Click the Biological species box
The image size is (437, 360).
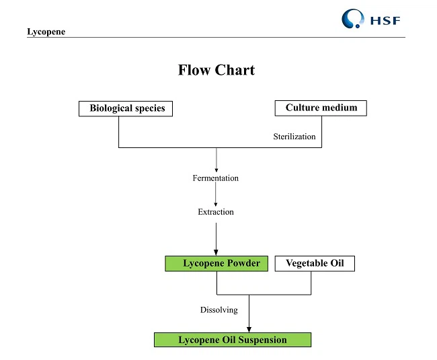(x=126, y=108)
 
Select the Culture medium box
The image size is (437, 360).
(x=321, y=108)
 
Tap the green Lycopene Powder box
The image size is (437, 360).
(x=216, y=263)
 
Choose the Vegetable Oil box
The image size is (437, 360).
(x=314, y=263)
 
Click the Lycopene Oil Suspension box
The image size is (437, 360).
(x=233, y=340)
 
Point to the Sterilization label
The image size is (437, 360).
(x=294, y=137)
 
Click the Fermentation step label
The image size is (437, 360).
(x=215, y=178)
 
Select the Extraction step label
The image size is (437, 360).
(x=216, y=212)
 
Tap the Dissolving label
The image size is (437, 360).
(x=218, y=310)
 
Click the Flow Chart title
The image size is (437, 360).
(x=216, y=70)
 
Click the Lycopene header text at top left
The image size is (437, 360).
(x=46, y=32)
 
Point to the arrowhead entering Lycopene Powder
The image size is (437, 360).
(x=216, y=252)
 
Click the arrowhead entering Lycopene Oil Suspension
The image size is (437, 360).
(x=249, y=328)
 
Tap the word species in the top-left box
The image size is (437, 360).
(x=147, y=108)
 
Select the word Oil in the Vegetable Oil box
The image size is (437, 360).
(x=335, y=263)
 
